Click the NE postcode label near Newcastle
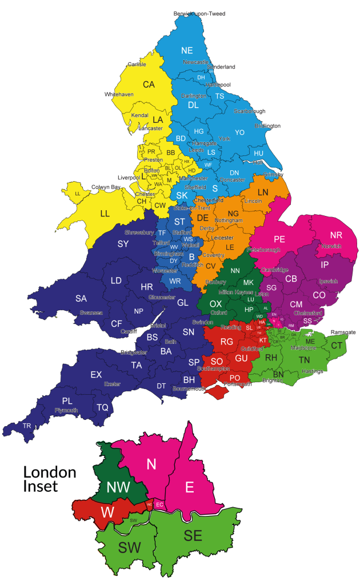[187, 50]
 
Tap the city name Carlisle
[137, 65]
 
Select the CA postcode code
[149, 85]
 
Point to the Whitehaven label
[119, 94]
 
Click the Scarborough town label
[249, 111]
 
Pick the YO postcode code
[239, 133]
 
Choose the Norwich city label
[331, 246]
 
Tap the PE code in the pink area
[279, 239]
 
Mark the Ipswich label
[328, 281]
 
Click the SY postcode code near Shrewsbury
[123, 244]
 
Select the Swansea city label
[91, 312]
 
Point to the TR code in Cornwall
[27, 426]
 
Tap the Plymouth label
[66, 410]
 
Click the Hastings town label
[312, 371]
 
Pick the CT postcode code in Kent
[337, 346]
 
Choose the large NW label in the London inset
[118, 487]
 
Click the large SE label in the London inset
[193, 535]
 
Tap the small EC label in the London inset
[159, 505]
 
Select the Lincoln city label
[253, 202]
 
